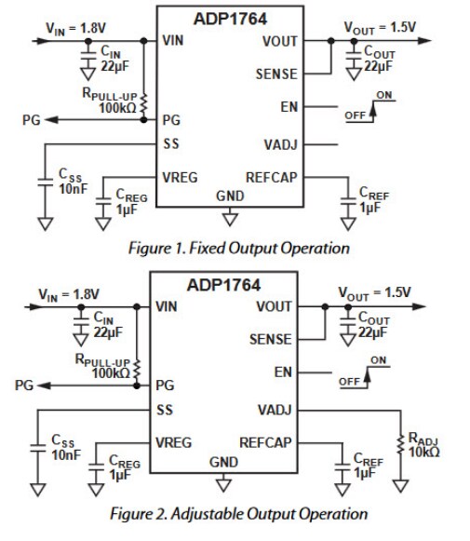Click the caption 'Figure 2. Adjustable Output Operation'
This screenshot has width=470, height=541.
[239, 513]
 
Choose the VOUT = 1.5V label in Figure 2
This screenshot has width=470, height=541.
[380, 292]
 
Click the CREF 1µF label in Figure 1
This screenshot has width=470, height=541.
[375, 200]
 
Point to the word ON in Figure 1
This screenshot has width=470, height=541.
[384, 94]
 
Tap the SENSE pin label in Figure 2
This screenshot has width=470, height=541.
[271, 341]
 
